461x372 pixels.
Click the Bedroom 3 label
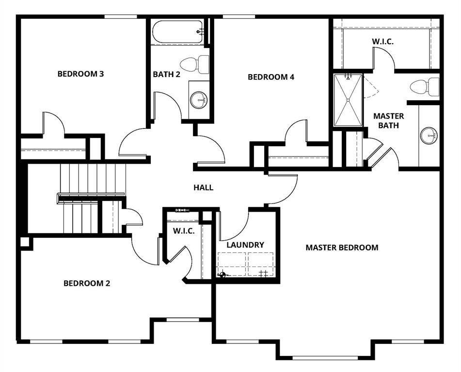click(80, 74)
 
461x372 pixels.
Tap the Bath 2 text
click(166, 75)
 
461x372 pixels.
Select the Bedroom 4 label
click(271, 77)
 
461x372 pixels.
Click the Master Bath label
click(388, 121)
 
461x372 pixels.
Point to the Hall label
click(204, 187)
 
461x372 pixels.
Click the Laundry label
click(245, 245)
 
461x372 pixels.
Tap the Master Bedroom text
click(342, 248)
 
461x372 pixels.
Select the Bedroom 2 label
click(87, 283)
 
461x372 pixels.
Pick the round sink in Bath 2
click(198, 100)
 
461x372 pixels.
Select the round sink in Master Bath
click(429, 135)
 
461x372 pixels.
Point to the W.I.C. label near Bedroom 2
click(184, 231)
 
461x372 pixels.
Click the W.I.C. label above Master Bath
click(383, 42)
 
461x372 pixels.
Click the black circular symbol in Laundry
click(223, 275)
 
